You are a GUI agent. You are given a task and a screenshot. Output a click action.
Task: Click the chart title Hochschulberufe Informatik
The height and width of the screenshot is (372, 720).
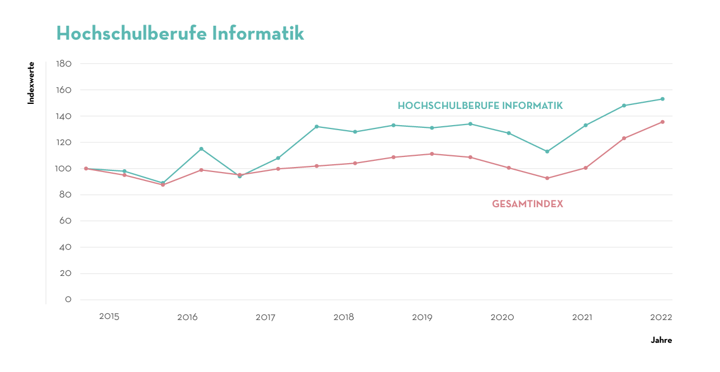click(180, 33)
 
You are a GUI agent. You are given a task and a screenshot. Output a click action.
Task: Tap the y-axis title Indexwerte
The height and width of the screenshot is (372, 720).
click(31, 83)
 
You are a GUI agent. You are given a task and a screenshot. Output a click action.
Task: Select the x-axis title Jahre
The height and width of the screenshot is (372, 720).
click(661, 340)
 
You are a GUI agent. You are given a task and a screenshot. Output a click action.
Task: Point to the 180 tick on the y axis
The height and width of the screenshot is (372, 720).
click(64, 64)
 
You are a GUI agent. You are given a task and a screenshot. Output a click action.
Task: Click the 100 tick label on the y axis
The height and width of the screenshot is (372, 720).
click(64, 169)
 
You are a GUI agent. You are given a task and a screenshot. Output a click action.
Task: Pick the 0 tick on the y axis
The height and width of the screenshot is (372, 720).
click(68, 300)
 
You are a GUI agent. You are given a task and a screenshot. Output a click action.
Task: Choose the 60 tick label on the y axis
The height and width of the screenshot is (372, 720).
click(65, 221)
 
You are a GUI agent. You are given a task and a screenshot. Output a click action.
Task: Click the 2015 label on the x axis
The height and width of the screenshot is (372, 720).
click(109, 317)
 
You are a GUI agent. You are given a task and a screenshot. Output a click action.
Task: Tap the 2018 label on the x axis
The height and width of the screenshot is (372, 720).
click(344, 317)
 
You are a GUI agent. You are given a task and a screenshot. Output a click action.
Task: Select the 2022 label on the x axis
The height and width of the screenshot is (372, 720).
click(661, 317)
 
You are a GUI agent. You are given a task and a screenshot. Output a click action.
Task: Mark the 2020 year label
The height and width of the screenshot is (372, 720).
click(502, 317)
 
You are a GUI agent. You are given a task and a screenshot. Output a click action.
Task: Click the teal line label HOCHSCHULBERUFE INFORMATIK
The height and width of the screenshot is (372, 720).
click(480, 106)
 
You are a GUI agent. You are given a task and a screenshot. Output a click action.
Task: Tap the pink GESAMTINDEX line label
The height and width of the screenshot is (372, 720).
click(527, 204)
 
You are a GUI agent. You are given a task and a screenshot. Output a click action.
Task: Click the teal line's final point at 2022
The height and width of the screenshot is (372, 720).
click(662, 99)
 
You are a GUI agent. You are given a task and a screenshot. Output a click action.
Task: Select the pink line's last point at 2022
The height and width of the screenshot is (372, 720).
click(662, 122)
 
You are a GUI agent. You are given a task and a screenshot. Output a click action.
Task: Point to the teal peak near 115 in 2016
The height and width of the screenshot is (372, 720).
click(201, 149)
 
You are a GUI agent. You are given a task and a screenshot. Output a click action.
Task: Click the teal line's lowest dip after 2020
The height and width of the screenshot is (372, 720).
click(547, 151)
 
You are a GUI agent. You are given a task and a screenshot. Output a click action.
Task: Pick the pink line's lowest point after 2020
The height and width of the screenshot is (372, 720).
click(547, 178)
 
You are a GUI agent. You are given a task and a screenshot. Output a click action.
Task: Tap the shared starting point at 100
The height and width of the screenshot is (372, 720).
click(86, 168)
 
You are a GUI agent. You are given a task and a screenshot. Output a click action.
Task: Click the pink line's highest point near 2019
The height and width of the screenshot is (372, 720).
click(432, 154)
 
